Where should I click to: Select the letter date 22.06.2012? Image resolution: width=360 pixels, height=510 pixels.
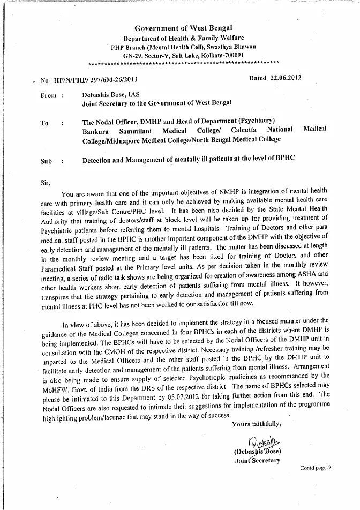pos(285,78)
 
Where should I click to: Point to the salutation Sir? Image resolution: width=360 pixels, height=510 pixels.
pos(46,182)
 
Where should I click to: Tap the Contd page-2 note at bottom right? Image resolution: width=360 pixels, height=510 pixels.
pos(316,468)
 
